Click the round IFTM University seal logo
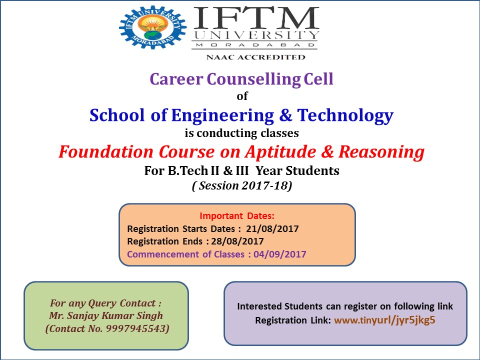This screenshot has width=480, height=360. pos(153,27)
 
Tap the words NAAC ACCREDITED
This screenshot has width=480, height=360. pos(255,57)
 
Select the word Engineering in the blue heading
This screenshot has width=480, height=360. pos(222,115)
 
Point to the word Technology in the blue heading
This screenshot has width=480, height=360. pos(345,115)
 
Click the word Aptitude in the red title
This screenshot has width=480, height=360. pos(280,152)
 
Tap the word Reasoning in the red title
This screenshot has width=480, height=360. pos(381,152)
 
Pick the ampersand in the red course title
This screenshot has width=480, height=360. pos(327,152)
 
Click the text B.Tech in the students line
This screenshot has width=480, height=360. pos(187,170)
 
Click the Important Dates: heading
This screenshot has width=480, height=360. pos(237,216)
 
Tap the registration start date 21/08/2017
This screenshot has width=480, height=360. pos(272,228)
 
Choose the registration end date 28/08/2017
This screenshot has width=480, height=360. pos(237,241)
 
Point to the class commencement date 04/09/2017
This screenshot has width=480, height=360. pos(280,254)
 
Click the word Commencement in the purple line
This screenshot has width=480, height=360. pos(163,254)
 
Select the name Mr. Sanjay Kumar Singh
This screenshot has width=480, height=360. pos(106,315)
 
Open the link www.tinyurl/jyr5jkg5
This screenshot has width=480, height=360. pos(384,320)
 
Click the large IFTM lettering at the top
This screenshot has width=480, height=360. pos(256,18)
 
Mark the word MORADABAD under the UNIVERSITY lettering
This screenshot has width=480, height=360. pos(255,45)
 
